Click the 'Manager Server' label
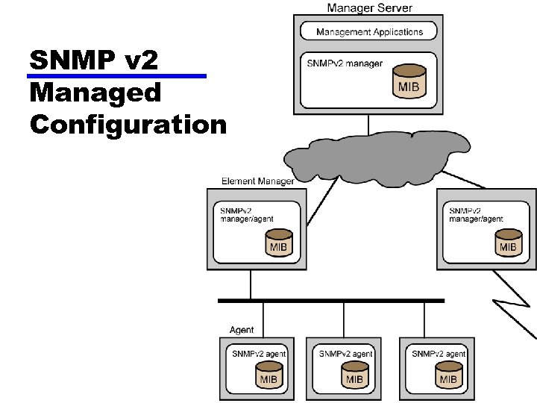coord(369,7)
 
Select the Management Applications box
coord(369,31)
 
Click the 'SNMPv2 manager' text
coord(345,63)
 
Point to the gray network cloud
coord(373,157)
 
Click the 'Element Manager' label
coord(257,181)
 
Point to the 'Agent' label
coord(241,330)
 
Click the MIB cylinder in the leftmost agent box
coord(268,374)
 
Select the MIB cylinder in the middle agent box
coord(354,374)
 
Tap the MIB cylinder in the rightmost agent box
coord(447,374)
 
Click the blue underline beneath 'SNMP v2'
coord(116,76)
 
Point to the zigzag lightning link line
coord(515,299)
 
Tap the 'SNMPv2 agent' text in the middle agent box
coord(345,353)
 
